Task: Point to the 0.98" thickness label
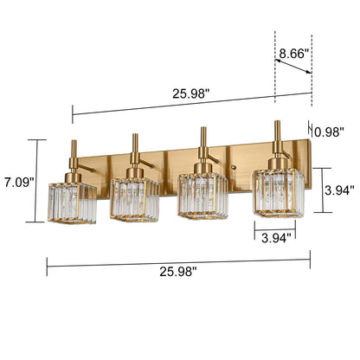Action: (330, 132)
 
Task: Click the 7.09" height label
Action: (17, 183)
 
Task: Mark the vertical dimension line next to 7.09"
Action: (37, 183)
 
